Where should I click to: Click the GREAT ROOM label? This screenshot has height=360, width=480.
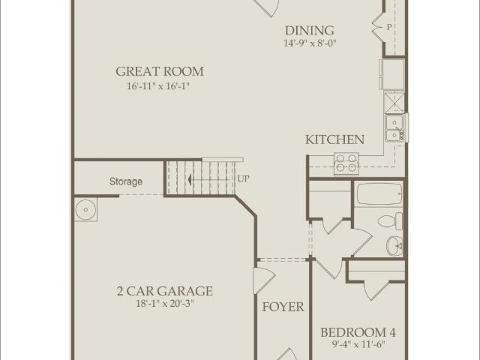(x=159, y=72)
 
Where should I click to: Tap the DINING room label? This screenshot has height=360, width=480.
(x=309, y=31)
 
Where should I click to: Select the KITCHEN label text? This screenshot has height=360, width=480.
(x=334, y=139)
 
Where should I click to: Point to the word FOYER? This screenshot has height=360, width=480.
(x=283, y=307)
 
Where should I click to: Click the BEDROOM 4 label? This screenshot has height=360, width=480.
(x=358, y=332)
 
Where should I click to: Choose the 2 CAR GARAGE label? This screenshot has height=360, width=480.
(x=164, y=291)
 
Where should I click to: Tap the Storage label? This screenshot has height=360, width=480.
(x=126, y=181)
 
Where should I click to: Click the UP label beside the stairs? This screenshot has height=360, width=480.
(x=244, y=179)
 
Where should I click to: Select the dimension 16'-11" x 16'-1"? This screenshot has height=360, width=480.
(x=159, y=86)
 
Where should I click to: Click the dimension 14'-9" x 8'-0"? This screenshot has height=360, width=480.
(x=309, y=43)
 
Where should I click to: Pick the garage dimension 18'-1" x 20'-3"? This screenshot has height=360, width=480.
(x=164, y=304)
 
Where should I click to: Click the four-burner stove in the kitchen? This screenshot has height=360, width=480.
(x=345, y=162)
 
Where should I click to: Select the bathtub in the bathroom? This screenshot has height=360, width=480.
(x=379, y=196)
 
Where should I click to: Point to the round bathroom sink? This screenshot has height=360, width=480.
(x=394, y=245)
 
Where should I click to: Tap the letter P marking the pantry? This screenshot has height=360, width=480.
(x=389, y=27)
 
